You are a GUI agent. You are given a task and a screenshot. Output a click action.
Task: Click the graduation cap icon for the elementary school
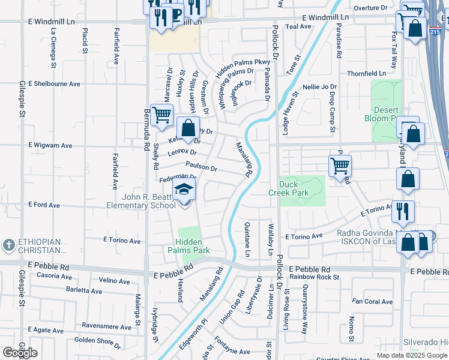tap(184, 191)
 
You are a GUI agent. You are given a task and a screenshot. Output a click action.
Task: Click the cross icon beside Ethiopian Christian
tap(9, 245)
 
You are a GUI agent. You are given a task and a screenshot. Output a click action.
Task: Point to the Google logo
tap(20, 353)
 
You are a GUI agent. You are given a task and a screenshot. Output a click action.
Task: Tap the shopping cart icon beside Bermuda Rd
tap(161, 115)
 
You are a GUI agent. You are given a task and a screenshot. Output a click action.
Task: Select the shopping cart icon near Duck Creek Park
tap(340, 165)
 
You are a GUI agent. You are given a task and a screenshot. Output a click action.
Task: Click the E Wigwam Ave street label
tap(50, 145)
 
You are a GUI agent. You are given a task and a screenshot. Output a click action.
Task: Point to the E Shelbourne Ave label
tap(55, 83)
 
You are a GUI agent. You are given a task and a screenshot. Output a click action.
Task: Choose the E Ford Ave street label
tap(45, 205)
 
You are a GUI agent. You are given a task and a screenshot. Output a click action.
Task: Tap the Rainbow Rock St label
tap(314, 277)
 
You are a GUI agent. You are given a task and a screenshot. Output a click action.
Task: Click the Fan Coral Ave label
tap(372, 301)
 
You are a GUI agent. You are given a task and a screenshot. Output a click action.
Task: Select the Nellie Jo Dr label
tap(320, 87)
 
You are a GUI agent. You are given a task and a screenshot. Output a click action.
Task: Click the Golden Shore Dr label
tap(98, 341)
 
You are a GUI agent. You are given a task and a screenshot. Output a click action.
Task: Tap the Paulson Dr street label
tap(201, 167)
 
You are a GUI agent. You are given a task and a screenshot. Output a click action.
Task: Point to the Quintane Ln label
tap(247, 238)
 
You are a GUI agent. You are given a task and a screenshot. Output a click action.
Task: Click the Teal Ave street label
tap(298, 26)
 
